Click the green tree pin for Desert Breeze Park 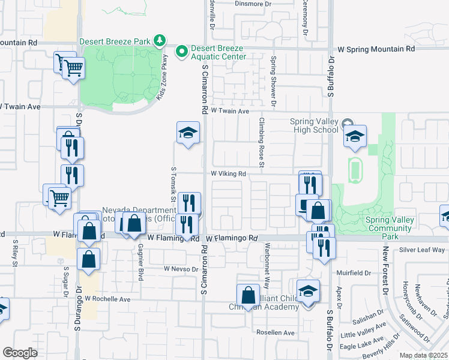159,41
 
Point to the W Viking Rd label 229,174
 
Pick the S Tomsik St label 173,184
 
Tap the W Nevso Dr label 181,269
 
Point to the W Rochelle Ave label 107,298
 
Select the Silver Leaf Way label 422,250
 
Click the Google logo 20,352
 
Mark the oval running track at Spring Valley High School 355,170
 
